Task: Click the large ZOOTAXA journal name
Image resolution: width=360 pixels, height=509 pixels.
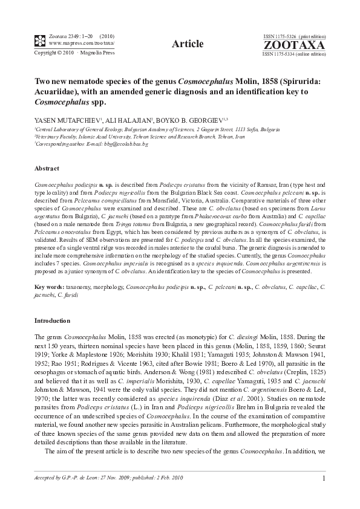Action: pos(294,45)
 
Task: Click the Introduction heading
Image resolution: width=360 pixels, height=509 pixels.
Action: pos(52,320)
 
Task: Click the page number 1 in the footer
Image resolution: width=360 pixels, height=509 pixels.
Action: pos(324,479)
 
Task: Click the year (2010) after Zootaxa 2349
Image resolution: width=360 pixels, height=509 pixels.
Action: pos(108,37)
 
